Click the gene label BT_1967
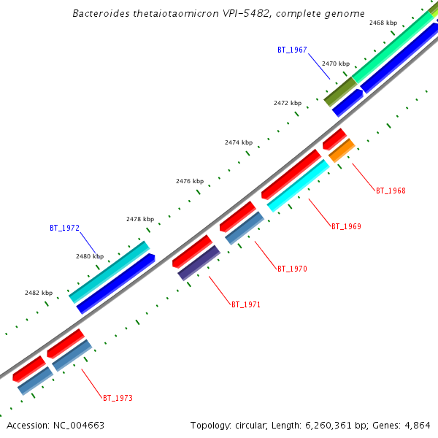[292, 50]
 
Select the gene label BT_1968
[391, 191]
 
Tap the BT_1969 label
[346, 226]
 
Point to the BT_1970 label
[292, 269]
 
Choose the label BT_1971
[246, 304]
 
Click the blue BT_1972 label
[64, 228]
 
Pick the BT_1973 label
[118, 398]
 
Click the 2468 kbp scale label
[383, 23]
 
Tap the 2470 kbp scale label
[336, 64]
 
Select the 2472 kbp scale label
[288, 104]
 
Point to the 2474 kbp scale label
[238, 143]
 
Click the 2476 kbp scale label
[190, 181]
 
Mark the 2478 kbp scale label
[140, 219]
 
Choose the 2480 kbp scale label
[90, 257]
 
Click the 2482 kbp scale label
[39, 293]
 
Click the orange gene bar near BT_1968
[342, 150]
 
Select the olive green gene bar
[339, 91]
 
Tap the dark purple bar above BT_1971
[199, 263]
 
